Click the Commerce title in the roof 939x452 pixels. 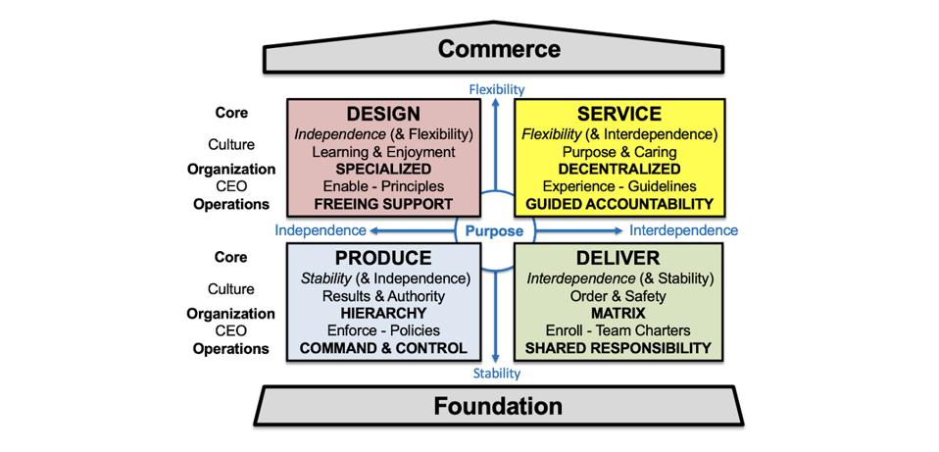pyautogui.click(x=499, y=48)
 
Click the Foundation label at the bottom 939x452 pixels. pyautogui.click(x=499, y=406)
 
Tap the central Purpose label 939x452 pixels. pyautogui.click(x=495, y=231)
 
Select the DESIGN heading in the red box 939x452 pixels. pyautogui.click(x=384, y=114)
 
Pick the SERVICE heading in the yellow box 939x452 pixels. pyautogui.click(x=618, y=114)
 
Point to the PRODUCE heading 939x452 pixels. pyautogui.click(x=384, y=258)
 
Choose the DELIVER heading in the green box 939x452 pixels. pyautogui.click(x=618, y=258)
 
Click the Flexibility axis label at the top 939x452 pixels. pyautogui.click(x=497, y=89)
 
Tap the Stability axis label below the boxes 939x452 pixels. pyautogui.click(x=497, y=374)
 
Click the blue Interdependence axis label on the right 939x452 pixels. pyautogui.click(x=683, y=231)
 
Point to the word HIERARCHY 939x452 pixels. pyautogui.click(x=384, y=313)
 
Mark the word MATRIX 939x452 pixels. pyautogui.click(x=618, y=313)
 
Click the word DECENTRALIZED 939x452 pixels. pyautogui.click(x=618, y=169)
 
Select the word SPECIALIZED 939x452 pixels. pyautogui.click(x=384, y=169)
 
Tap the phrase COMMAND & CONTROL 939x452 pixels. pyautogui.click(x=384, y=348)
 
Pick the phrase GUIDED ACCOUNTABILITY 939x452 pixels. pyautogui.click(x=618, y=204)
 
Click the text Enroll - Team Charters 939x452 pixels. pyautogui.click(x=618, y=330)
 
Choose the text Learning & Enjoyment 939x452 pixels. pyautogui.click(x=384, y=151)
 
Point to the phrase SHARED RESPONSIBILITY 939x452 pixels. pyautogui.click(x=618, y=348)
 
